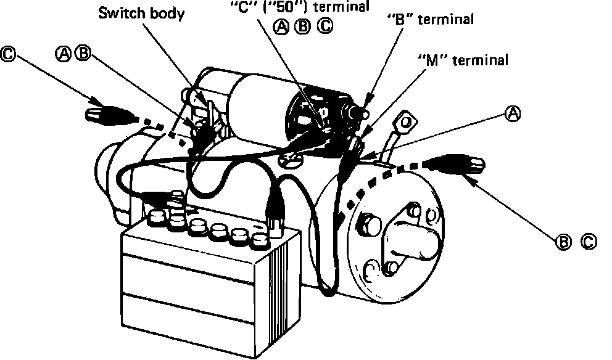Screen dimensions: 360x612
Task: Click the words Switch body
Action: pyautogui.click(x=141, y=14)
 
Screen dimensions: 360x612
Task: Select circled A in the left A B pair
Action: pyautogui.click(x=64, y=54)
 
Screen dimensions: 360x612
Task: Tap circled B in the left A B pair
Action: pyautogui.click(x=81, y=54)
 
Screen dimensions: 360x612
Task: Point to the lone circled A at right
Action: pyautogui.click(x=513, y=113)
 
